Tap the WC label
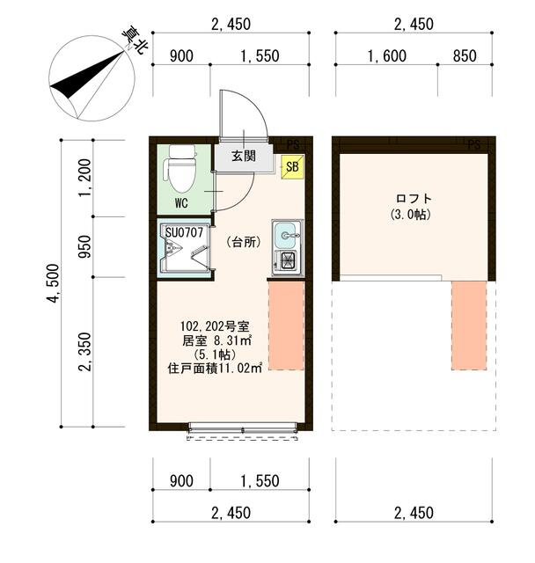pyautogui.click(x=181, y=203)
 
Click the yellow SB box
pyautogui.click(x=292, y=166)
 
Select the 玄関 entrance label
pyautogui.click(x=244, y=157)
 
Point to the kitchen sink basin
pyautogui.click(x=286, y=235)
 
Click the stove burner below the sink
pyautogui.click(x=286, y=260)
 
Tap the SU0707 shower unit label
pyautogui.click(x=184, y=232)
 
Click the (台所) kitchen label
pyautogui.click(x=244, y=242)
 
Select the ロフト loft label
pyautogui.click(x=413, y=198)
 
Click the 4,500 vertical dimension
pyautogui.click(x=53, y=283)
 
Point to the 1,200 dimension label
pyautogui.click(x=85, y=179)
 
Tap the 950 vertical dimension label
pyautogui.click(x=85, y=246)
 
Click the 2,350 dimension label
pyautogui.click(x=85, y=352)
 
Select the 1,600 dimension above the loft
pyautogui.click(x=386, y=56)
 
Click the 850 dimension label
pyautogui.click(x=465, y=56)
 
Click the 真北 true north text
pyautogui.click(x=135, y=40)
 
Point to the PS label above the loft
pyautogui.click(x=474, y=145)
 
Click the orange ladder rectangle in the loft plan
pyautogui.click(x=469, y=325)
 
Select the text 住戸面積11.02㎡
pyautogui.click(x=215, y=369)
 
